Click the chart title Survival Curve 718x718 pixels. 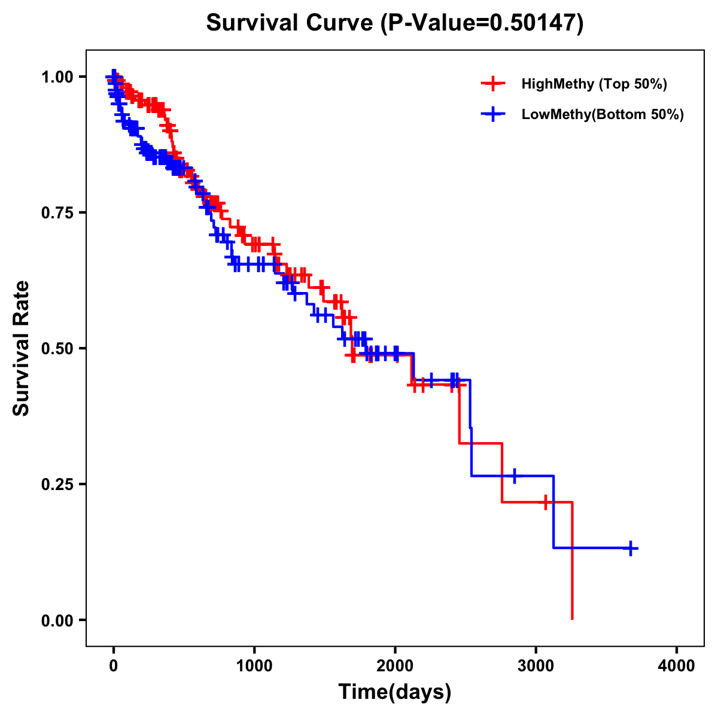click(290, 23)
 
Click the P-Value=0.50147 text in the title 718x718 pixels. click(482, 23)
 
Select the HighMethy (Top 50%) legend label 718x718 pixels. click(594, 84)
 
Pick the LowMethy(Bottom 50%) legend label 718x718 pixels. click(603, 114)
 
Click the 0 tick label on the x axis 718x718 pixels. click(114, 667)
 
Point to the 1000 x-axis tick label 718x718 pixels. click(254, 667)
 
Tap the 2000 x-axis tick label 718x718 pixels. click(395, 667)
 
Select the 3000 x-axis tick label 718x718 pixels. click(536, 667)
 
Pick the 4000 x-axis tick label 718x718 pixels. click(677, 667)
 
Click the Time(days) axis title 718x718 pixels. click(395, 692)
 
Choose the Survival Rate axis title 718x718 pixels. click(22, 348)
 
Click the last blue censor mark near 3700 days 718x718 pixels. click(631, 548)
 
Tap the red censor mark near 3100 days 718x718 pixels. click(546, 502)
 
